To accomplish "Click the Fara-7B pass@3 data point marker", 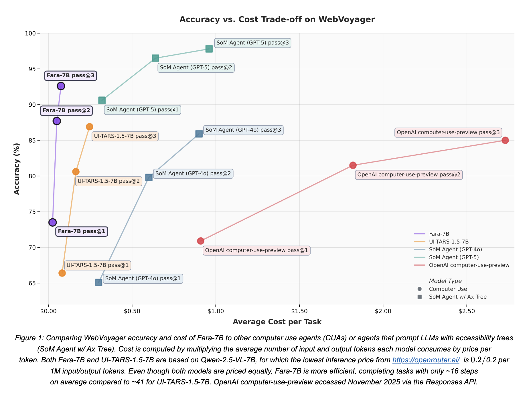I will (61, 86).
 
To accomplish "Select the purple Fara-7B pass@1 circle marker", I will (52, 222).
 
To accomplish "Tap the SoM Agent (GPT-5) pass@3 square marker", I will (209, 49).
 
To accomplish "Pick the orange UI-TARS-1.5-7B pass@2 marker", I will (76, 172).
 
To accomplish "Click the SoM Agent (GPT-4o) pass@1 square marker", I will (98, 283).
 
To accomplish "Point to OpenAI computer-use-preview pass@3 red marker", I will (505, 140).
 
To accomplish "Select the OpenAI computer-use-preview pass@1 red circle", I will (201, 241).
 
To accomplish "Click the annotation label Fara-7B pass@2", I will (66, 110).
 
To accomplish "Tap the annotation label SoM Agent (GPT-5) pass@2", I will (196, 68).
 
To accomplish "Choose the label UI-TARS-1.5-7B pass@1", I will (98, 265).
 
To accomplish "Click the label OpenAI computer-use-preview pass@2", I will (409, 175).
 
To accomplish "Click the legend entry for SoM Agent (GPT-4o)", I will (455, 250).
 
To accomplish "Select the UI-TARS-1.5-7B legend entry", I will (449, 242).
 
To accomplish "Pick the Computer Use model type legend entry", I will (448, 289).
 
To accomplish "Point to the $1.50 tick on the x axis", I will (299, 311).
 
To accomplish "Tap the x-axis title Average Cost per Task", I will (277, 322).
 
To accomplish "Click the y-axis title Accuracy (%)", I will (17, 169).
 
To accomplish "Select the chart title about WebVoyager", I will (277, 19).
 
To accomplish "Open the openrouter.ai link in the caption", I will (426, 360).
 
